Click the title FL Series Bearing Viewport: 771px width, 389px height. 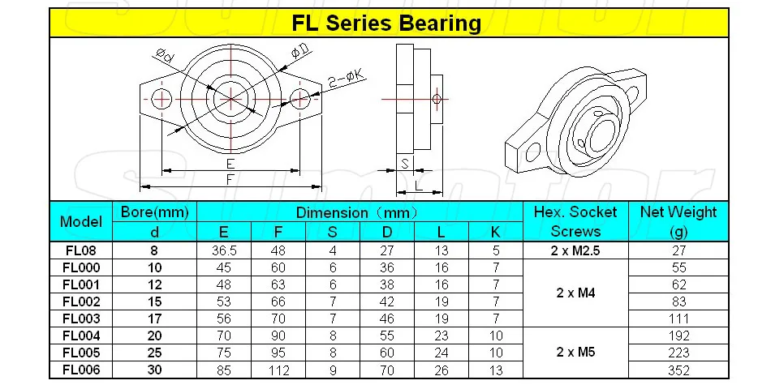pos(386,23)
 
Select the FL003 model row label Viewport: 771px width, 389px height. pos(81,318)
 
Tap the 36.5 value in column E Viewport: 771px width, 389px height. pos(224,251)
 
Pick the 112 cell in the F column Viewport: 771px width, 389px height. pos(278,370)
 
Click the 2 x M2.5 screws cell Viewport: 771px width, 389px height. pos(575,251)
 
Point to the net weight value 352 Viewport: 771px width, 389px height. pos(678,370)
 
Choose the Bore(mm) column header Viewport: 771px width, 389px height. pos(155,212)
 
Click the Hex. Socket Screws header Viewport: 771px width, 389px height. pos(575,221)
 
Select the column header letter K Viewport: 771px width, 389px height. pos(496,232)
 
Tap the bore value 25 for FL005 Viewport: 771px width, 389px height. pos(154,353)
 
